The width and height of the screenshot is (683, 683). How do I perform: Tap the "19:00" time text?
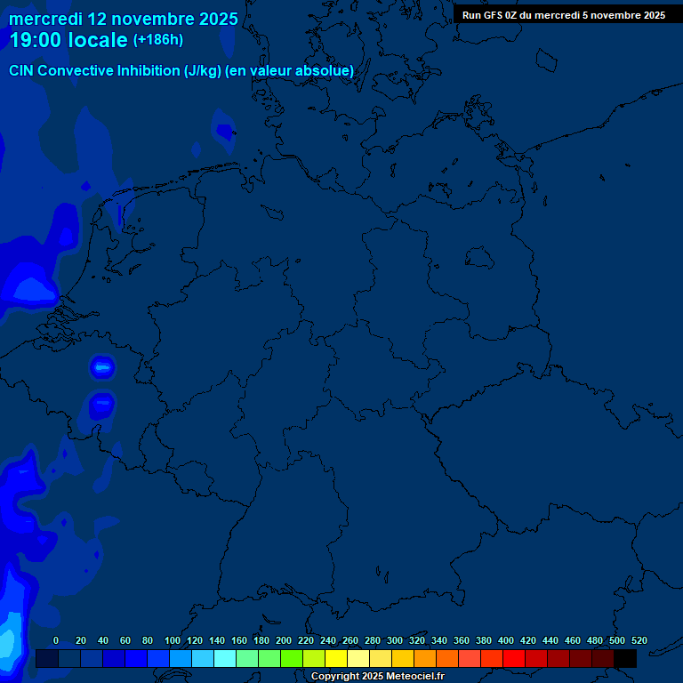pos(36,40)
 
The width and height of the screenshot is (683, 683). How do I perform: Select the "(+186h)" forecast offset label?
pos(157,40)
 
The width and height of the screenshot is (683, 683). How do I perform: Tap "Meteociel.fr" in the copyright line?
pos(413,677)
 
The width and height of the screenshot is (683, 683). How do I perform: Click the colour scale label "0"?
pos(56,640)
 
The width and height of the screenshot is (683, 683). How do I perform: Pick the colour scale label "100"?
pos(173,640)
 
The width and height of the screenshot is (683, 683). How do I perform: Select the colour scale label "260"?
pos(350,640)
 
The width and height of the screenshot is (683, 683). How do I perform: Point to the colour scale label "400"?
pos(506,640)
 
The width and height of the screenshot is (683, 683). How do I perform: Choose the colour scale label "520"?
pos(639,640)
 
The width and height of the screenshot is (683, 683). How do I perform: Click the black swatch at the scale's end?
pos(625,659)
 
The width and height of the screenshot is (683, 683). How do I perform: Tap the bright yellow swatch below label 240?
pos(336,659)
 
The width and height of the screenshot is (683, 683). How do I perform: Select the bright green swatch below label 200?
pos(292,659)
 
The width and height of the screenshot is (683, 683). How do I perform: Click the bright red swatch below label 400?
pos(514,659)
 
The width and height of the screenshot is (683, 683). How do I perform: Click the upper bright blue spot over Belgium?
pos(103,366)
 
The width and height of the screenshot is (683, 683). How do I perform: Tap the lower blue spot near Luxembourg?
pos(101,405)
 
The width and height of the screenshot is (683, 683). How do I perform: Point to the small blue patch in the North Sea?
pos(223,131)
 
